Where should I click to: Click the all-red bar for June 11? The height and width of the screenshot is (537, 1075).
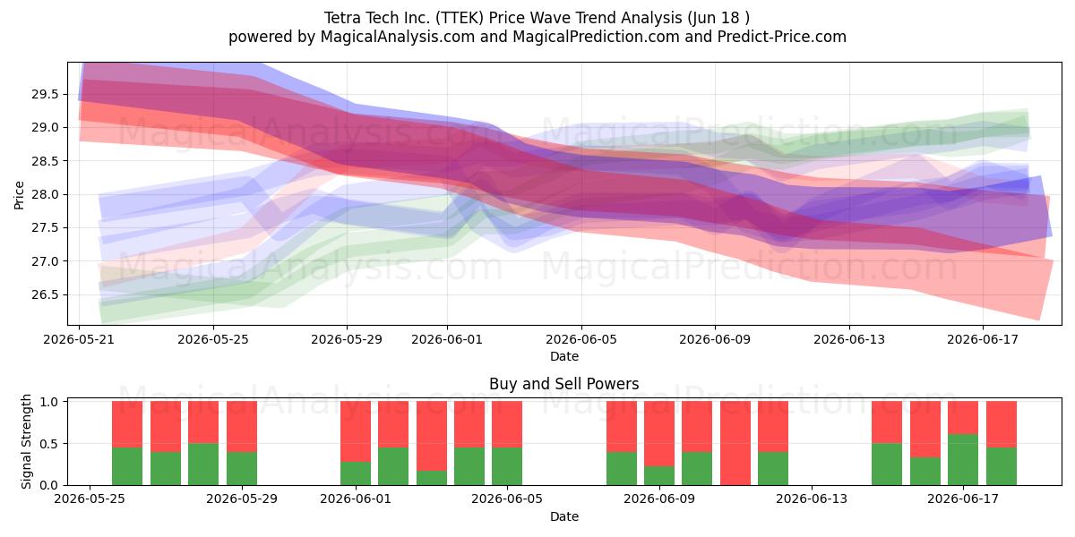point(735,443)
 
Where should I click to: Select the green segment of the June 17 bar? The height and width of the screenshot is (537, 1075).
point(963,460)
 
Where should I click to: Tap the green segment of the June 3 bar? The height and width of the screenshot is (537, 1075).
point(432,478)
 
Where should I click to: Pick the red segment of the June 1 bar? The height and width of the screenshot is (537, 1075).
point(356,431)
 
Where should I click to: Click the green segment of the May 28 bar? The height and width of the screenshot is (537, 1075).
point(203,465)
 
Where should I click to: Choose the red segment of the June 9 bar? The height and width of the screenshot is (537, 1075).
point(659,433)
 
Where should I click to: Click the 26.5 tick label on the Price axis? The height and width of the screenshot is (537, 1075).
point(45,294)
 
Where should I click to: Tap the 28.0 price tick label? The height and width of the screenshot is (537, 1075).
point(45,195)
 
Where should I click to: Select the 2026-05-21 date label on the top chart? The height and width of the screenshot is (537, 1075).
point(79,339)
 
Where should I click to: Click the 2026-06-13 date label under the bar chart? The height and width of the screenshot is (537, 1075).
point(812,499)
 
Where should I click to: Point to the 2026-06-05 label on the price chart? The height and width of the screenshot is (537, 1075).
point(581,339)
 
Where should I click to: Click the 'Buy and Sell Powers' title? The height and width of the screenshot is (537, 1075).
point(563,384)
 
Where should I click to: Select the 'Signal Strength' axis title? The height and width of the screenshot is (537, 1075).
point(26,441)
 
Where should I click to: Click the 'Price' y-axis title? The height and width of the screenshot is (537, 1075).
point(19,195)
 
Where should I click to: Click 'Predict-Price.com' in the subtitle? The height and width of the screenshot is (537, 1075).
point(782,37)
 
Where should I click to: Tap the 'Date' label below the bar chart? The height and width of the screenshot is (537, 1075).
point(563,516)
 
